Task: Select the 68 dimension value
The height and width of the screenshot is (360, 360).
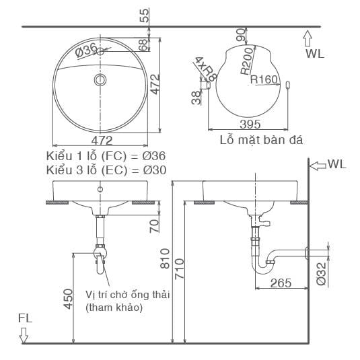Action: click(143, 45)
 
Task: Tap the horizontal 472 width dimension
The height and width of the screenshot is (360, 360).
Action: click(101, 141)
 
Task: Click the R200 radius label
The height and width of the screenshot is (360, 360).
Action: click(247, 61)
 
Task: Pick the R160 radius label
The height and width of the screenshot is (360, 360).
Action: click(264, 79)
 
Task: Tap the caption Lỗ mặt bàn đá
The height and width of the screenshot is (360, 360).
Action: click(261, 141)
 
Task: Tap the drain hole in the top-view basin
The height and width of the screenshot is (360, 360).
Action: click(101, 81)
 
